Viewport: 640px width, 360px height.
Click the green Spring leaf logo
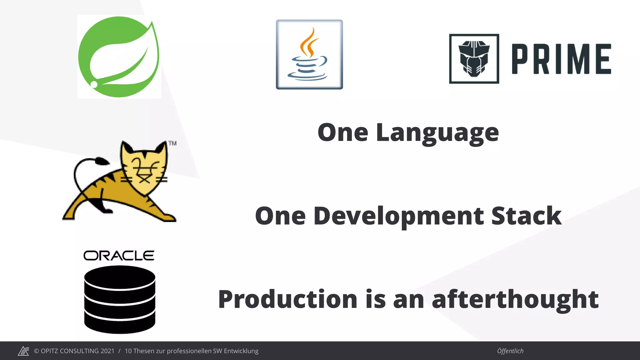point(119,57)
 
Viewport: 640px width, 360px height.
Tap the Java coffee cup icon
point(309,55)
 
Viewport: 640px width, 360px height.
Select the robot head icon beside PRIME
point(474,59)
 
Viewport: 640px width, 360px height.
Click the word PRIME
point(561,59)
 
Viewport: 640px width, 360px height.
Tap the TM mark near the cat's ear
point(172,143)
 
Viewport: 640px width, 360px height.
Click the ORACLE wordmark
point(119,256)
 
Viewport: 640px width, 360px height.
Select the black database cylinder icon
point(120,299)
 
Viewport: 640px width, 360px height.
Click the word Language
point(437,133)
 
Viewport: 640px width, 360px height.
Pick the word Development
point(399,216)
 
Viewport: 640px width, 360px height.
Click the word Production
point(288,299)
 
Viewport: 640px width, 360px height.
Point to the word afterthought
point(515,299)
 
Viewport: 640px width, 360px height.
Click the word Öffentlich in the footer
point(510,351)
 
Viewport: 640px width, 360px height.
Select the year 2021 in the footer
point(107,351)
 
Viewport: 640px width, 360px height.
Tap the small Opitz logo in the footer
point(23,351)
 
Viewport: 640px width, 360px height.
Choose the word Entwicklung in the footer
point(241,351)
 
